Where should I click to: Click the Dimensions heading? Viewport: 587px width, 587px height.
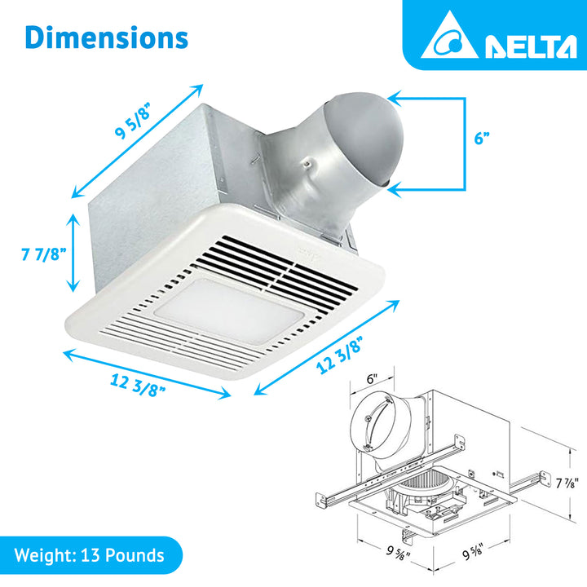[x=107, y=38]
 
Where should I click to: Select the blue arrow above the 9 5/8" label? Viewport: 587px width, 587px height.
[x=137, y=140]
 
